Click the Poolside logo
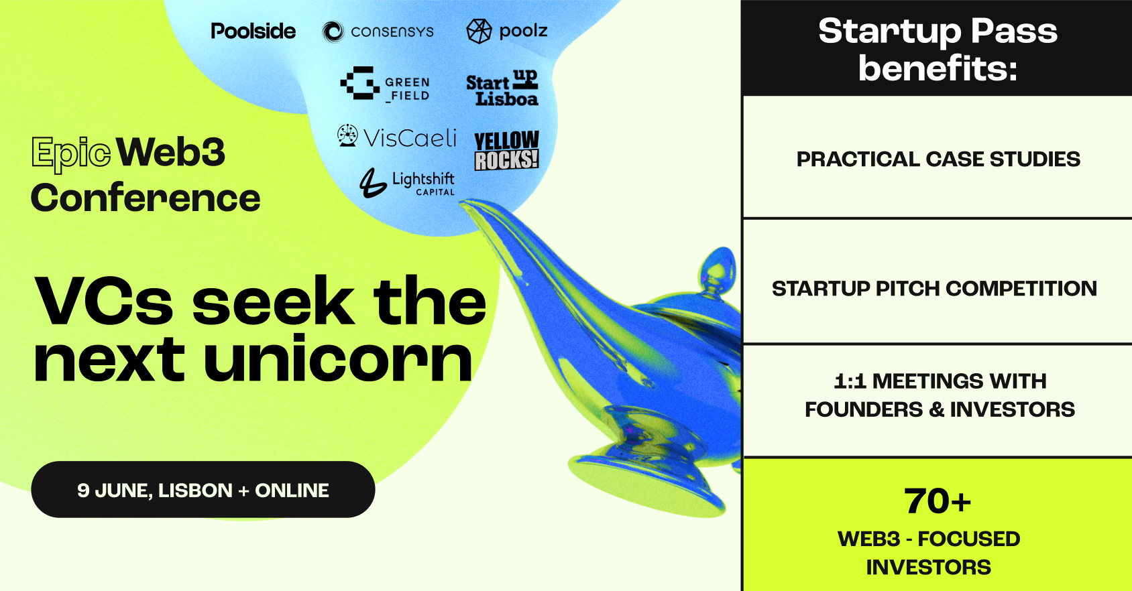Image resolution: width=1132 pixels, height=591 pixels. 253,31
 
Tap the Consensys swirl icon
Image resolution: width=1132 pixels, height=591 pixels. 333,31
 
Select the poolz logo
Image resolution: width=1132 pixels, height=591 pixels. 506,31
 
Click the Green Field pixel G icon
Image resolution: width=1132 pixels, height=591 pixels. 360,83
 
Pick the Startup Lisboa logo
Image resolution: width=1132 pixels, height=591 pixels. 502,87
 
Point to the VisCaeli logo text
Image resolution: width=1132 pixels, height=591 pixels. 410,138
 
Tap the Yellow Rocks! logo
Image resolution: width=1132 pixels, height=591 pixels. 506,151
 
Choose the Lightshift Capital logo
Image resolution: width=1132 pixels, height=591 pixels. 407,183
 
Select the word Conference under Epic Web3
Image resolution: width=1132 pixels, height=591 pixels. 146,198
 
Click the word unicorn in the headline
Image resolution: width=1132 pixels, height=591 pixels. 338,359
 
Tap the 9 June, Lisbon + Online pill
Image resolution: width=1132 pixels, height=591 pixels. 203,489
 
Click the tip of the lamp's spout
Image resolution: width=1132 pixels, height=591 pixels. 463,203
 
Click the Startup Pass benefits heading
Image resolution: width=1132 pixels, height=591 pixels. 938,50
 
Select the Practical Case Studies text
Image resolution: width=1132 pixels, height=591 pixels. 938,159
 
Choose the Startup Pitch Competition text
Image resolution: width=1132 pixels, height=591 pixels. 934,288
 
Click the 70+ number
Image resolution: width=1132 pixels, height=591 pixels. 938,501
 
